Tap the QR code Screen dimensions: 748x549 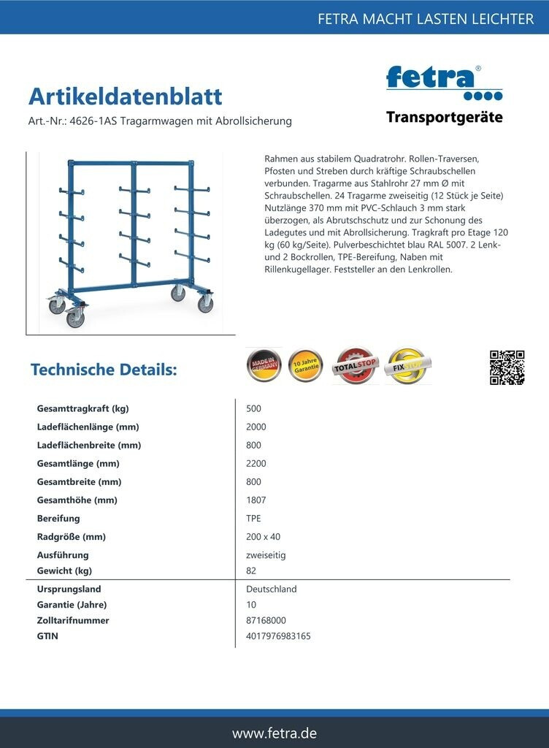point(507,367)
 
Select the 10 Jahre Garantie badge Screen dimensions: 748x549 point(306,366)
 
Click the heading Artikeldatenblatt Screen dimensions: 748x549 point(125,96)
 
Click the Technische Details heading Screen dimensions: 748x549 point(104,370)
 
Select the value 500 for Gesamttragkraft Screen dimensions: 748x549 point(254,408)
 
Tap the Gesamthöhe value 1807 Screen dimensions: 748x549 point(256,500)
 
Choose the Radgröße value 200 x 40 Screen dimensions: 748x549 point(264,537)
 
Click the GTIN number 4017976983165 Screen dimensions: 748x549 point(279,636)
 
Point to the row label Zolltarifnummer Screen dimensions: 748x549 point(73,620)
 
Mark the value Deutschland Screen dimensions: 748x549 point(272,589)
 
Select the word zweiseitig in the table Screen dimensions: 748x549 point(266,555)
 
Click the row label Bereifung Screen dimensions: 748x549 point(58,519)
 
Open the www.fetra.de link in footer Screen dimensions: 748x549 point(274,733)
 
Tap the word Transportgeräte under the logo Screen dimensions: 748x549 point(444,118)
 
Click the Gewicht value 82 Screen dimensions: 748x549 point(252,570)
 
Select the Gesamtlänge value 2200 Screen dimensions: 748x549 point(256,464)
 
